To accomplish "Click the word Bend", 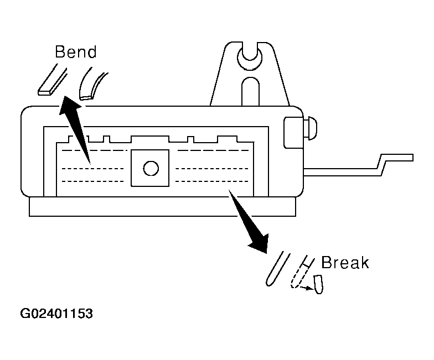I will click(75, 53).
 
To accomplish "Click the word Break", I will click(345, 262).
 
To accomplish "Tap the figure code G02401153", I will click(57, 314).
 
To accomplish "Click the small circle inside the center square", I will click(150, 168).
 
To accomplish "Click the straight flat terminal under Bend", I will click(50, 80).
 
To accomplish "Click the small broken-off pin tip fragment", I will click(318, 284).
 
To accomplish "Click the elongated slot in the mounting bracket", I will click(250, 91).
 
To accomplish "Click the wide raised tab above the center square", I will click(149, 139).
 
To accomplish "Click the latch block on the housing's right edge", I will click(293, 133).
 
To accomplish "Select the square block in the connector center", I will click(149, 168).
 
